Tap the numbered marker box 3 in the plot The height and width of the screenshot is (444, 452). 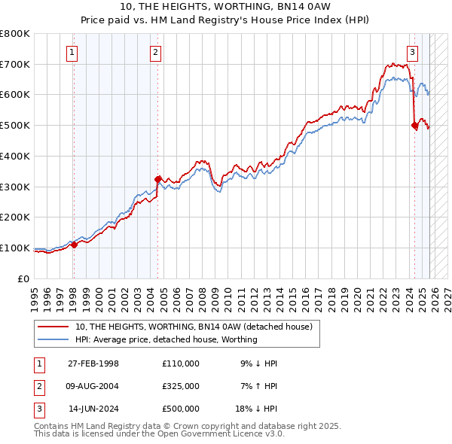(x=413, y=52)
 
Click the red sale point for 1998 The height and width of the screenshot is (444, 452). (x=74, y=245)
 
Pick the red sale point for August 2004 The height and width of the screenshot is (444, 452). (x=157, y=179)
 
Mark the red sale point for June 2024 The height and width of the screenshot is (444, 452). (x=415, y=126)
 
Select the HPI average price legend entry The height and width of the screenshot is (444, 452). (x=166, y=339)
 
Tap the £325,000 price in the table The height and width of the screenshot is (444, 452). (x=181, y=386)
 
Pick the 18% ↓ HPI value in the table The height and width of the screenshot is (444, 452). (x=256, y=409)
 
